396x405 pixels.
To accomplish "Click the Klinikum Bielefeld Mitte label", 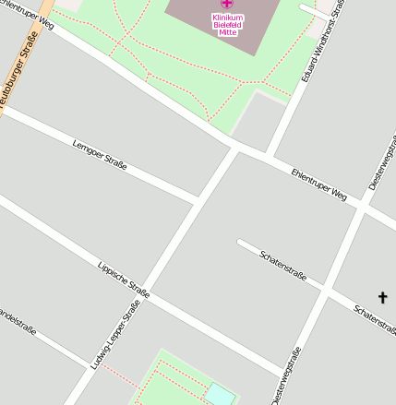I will pos(227,25).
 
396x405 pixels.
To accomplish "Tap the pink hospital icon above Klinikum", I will pos(227,6).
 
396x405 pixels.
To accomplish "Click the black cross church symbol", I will pos(383,297).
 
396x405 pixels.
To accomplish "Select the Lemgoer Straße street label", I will pos(99,152).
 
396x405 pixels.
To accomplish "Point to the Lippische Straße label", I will pos(123,279).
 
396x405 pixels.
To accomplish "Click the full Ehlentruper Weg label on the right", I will pos(318,185).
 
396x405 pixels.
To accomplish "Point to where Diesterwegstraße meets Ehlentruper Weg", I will pos(361,208).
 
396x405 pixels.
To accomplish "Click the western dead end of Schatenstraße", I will pos(240,243).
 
